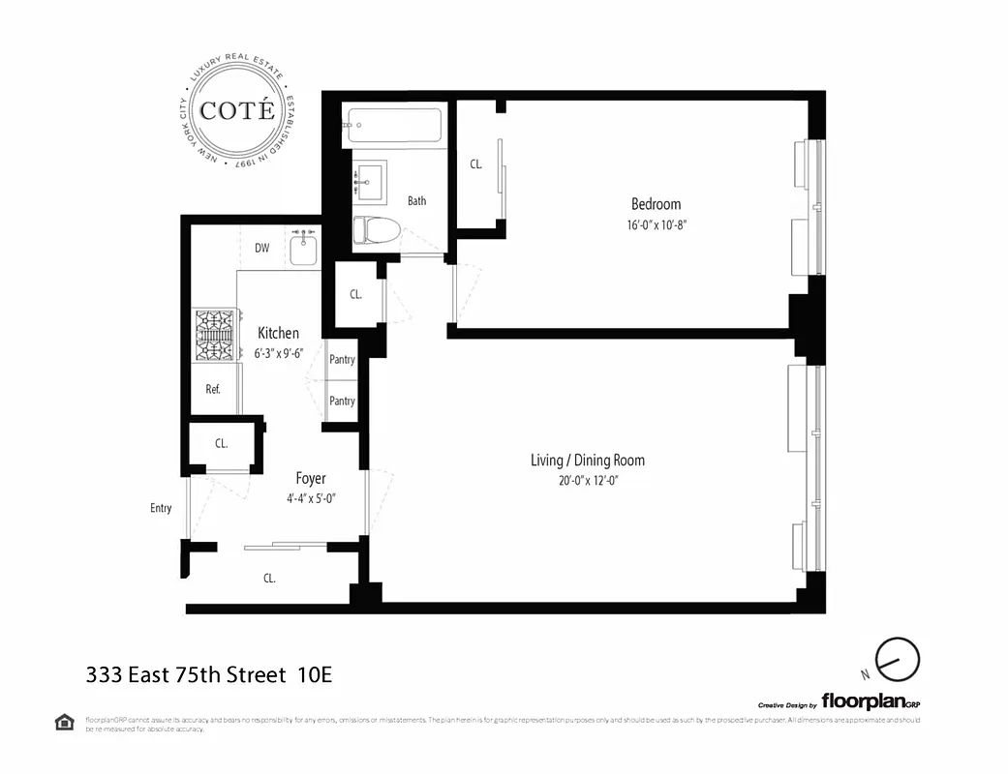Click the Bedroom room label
click(656, 204)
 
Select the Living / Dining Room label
click(587, 461)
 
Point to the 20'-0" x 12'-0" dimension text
click(587, 481)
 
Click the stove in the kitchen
click(216, 335)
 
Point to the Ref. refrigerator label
click(213, 390)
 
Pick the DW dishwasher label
click(261, 248)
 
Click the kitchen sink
click(304, 249)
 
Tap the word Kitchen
click(278, 333)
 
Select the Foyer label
click(311, 479)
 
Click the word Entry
click(161, 508)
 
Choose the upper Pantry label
click(342, 360)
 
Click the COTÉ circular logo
click(237, 110)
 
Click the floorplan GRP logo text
click(864, 700)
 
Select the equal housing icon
click(64, 722)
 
